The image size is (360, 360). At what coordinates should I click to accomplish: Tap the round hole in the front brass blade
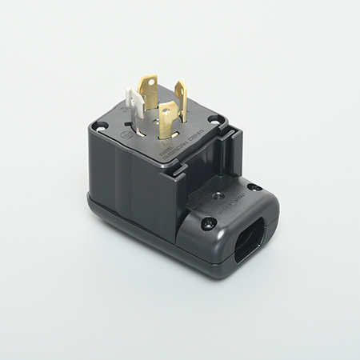[x=167, y=112]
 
